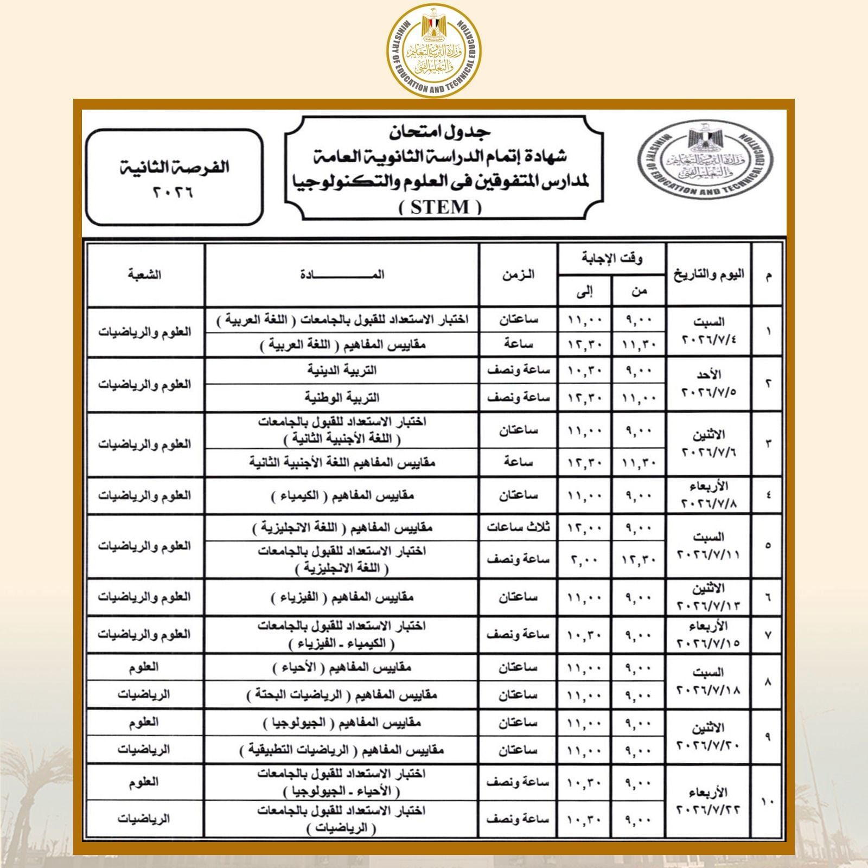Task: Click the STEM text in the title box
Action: (x=440, y=207)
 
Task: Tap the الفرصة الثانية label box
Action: (x=174, y=177)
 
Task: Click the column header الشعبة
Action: (x=145, y=275)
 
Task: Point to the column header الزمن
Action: (x=518, y=275)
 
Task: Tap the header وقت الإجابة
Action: (x=612, y=259)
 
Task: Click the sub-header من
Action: (x=639, y=291)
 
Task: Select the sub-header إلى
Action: (x=584, y=291)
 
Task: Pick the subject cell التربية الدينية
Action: (x=342, y=371)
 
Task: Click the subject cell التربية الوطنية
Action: (x=342, y=398)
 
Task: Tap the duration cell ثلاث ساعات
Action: (x=518, y=527)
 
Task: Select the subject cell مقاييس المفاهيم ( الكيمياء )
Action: (x=342, y=496)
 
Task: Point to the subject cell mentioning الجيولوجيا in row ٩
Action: (x=342, y=723)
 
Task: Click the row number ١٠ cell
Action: (x=768, y=801)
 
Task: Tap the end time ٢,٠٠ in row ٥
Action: (x=584, y=559)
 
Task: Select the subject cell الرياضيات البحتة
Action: (x=342, y=695)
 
